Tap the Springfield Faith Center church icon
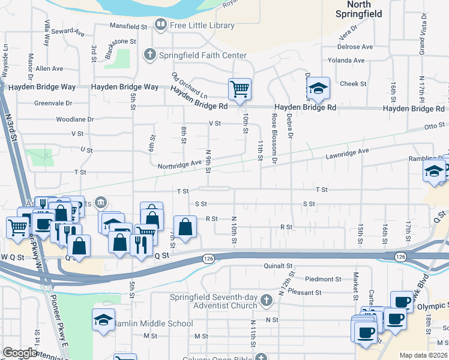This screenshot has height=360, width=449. [149, 55]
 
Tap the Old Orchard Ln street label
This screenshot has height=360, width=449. [189, 86]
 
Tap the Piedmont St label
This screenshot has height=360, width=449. [322, 279]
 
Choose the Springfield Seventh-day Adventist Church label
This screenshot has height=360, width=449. [238, 302]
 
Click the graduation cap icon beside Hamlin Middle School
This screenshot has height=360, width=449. [103, 320]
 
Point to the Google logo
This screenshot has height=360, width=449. [20, 353]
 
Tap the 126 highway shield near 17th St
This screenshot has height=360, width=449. [400, 256]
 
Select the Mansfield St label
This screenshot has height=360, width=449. [128, 26]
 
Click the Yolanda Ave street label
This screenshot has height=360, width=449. [346, 61]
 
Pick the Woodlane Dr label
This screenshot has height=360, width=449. [75, 119]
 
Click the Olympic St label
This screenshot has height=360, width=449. [432, 307]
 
